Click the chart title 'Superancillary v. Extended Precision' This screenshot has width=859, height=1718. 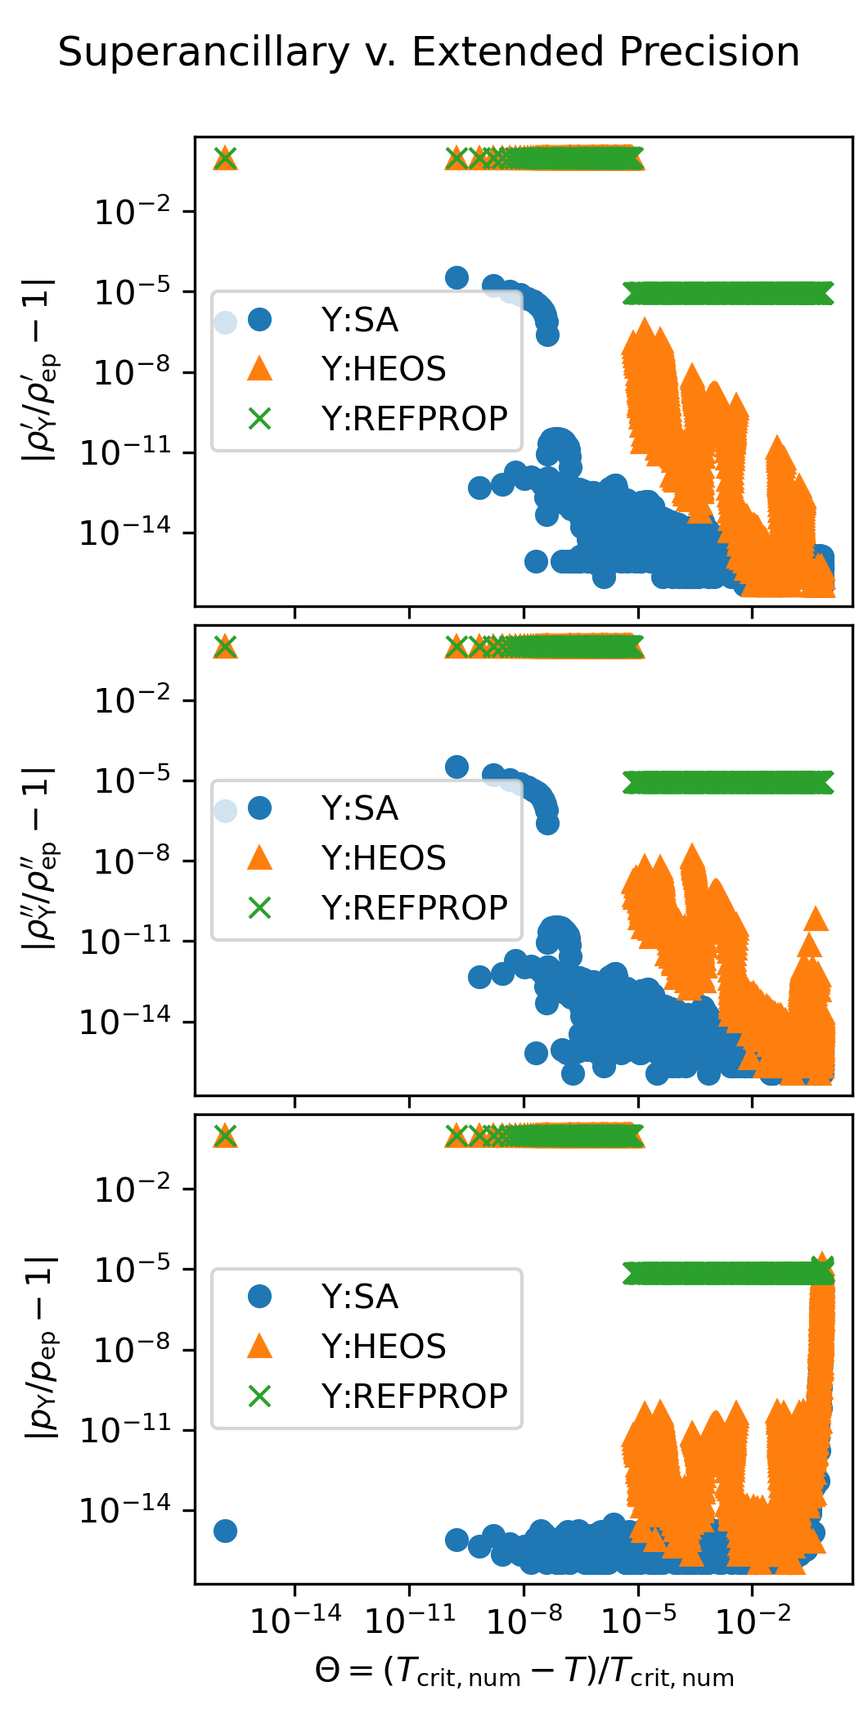coord(429,52)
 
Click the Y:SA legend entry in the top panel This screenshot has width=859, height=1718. coord(359,320)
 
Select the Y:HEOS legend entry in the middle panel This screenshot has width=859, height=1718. coord(383,858)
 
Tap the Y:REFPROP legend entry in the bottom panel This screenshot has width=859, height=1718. coord(414,1396)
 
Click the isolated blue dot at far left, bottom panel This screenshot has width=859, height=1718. coord(225,1531)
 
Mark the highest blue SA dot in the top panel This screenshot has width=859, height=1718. coord(456,277)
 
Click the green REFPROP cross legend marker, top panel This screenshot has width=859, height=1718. coord(259,419)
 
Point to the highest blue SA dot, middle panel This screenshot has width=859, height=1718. coord(456,767)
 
